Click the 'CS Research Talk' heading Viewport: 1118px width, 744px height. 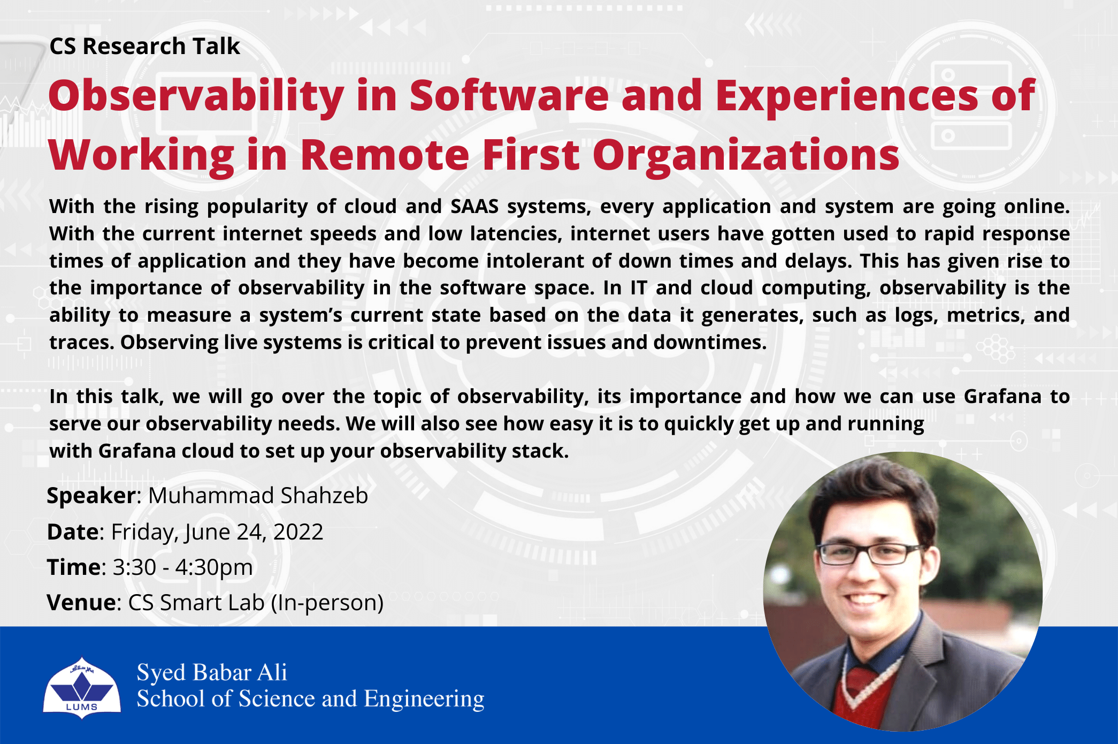[144, 47]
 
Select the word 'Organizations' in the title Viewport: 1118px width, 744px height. [746, 155]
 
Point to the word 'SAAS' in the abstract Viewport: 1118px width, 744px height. [474, 206]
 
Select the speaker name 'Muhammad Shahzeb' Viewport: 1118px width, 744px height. [258, 496]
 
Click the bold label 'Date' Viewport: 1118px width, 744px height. [73, 532]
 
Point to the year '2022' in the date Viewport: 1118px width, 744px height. [298, 532]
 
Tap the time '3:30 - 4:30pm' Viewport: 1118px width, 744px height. [182, 567]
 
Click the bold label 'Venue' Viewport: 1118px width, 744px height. [81, 603]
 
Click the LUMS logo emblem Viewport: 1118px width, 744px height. [82, 688]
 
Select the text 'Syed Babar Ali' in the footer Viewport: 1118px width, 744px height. [212, 673]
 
